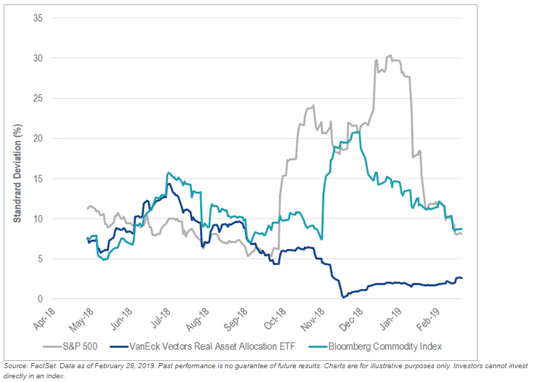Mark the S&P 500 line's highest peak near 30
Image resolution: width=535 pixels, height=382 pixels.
pos(390,55)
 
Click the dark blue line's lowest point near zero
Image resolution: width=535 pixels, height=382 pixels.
pos(343,297)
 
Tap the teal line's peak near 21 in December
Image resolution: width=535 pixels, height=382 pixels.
pos(356,131)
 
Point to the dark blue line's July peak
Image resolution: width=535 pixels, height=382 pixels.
pos(169,184)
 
